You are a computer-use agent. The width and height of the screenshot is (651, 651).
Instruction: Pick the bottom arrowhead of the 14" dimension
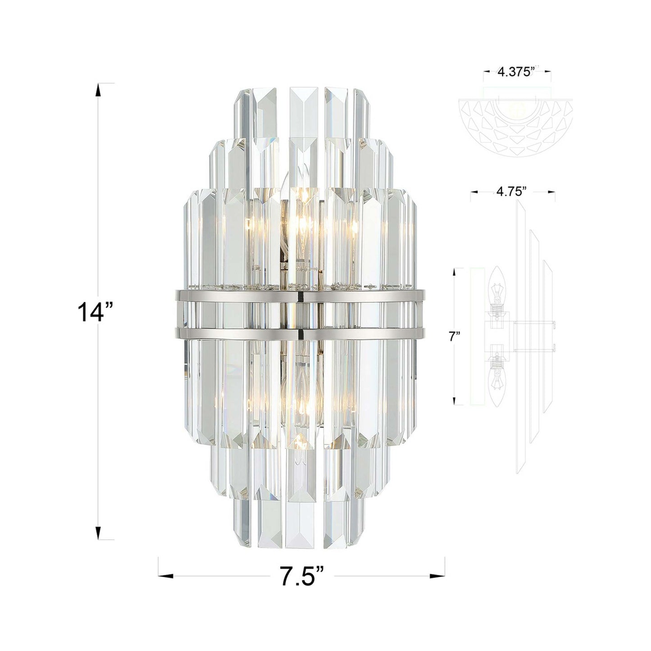click(97, 532)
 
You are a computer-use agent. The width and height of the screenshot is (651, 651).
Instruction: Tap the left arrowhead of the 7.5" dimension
click(166, 576)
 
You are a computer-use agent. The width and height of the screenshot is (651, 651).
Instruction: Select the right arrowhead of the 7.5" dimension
click(437, 576)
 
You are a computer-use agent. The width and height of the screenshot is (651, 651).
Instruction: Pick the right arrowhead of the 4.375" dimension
click(548, 72)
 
